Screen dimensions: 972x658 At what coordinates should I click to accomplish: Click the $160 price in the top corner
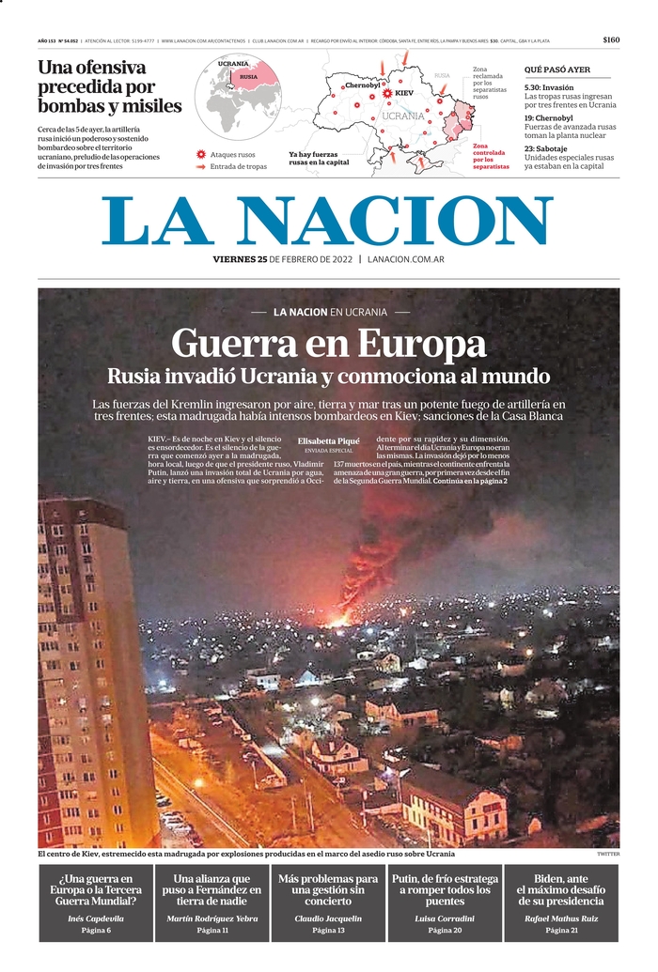[611, 40]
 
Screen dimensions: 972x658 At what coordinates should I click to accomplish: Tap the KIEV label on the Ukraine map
[404, 94]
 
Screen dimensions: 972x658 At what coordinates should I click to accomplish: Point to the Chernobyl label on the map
[362, 85]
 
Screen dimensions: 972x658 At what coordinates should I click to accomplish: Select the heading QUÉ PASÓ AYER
[557, 69]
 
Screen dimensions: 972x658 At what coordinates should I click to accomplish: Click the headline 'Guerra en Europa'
[329, 343]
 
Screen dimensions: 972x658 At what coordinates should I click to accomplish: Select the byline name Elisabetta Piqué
[328, 440]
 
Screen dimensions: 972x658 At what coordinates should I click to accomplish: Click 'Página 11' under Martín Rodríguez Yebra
[212, 930]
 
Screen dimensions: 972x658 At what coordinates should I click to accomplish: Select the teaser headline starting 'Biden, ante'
[561, 889]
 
